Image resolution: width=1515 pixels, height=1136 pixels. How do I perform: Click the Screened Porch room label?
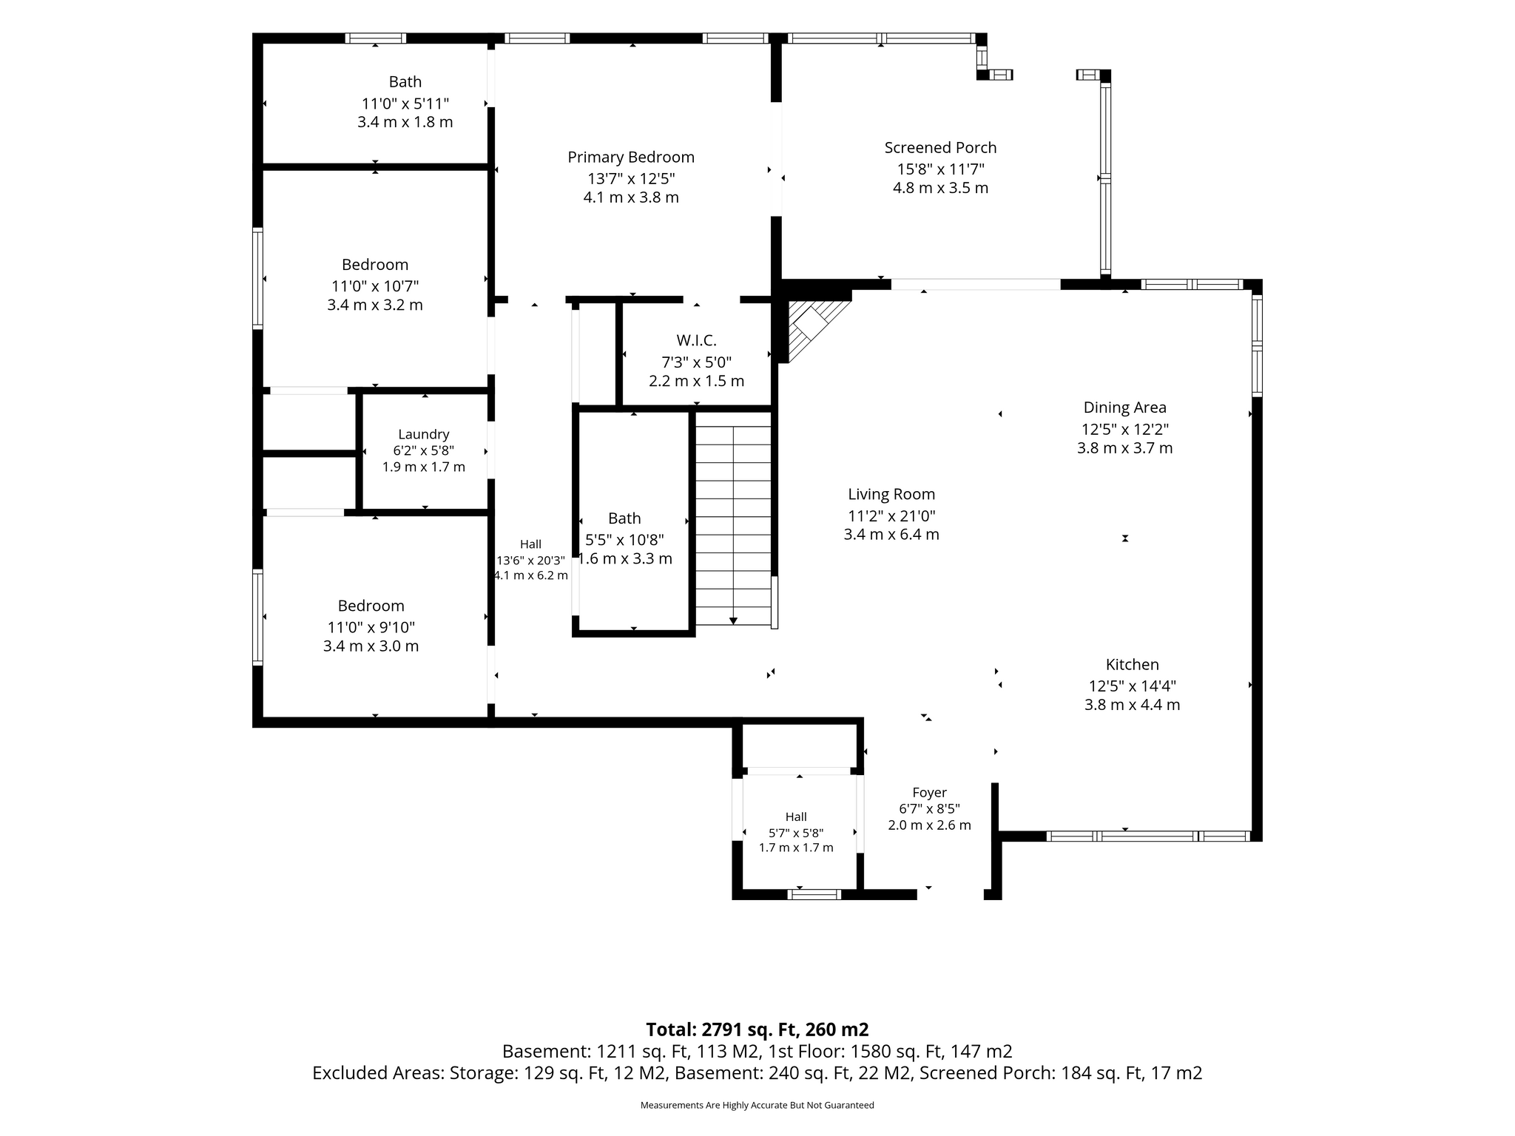940,148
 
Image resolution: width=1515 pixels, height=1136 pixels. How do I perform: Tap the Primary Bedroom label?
631,158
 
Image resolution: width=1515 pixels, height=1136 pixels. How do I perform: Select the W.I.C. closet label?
696,340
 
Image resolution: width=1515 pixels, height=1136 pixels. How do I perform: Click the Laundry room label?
423,435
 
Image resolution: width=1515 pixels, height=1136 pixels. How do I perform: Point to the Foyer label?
929,793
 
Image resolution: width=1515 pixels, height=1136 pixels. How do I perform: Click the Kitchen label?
1132,664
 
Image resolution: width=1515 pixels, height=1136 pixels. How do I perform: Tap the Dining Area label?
1124,408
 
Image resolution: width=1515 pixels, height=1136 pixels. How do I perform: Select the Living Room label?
891,495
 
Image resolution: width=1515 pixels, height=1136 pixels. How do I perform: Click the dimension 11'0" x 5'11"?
405,104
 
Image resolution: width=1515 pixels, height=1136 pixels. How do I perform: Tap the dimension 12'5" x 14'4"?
1132,686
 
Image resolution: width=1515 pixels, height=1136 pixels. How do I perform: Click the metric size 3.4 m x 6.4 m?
891,535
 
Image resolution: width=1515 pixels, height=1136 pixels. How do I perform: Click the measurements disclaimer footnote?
757,1106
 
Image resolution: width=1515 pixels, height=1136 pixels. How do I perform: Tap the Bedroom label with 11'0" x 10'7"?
375,265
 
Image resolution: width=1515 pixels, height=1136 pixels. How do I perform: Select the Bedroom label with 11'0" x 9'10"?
371,606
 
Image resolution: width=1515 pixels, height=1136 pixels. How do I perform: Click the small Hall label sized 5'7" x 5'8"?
796,816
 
